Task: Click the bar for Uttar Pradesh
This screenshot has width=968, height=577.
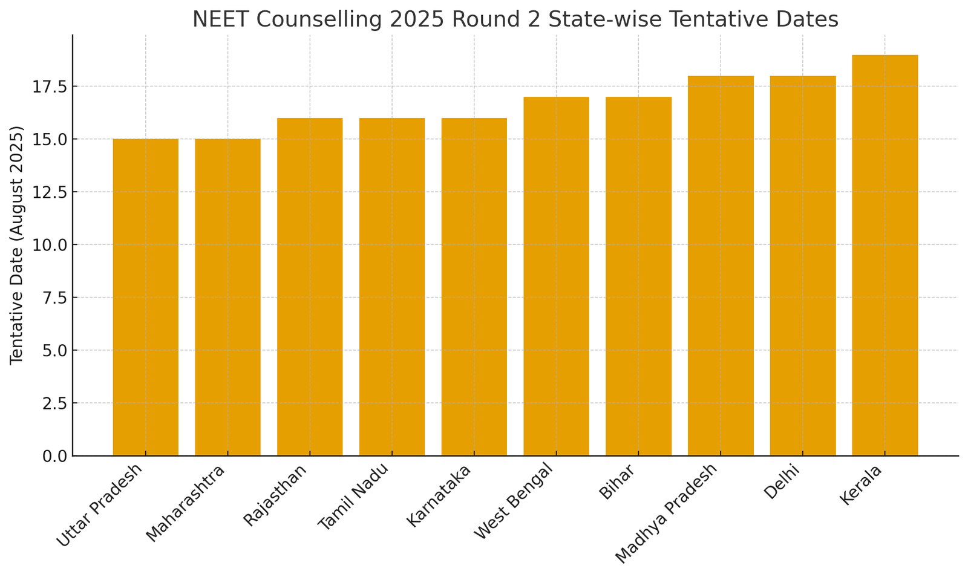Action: pos(145,297)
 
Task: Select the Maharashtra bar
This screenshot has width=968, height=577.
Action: pos(227,297)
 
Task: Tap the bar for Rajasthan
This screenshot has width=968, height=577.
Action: pos(310,287)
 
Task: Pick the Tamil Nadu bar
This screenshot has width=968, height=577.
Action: pos(392,287)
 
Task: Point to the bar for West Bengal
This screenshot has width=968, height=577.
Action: pos(556,276)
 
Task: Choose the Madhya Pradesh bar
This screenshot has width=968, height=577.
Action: pos(721,266)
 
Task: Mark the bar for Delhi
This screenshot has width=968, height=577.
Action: pos(802,266)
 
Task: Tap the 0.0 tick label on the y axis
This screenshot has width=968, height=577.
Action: pos(54,456)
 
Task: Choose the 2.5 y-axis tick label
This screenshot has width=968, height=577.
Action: pos(54,403)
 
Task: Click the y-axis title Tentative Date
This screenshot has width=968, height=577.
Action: pos(17,245)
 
